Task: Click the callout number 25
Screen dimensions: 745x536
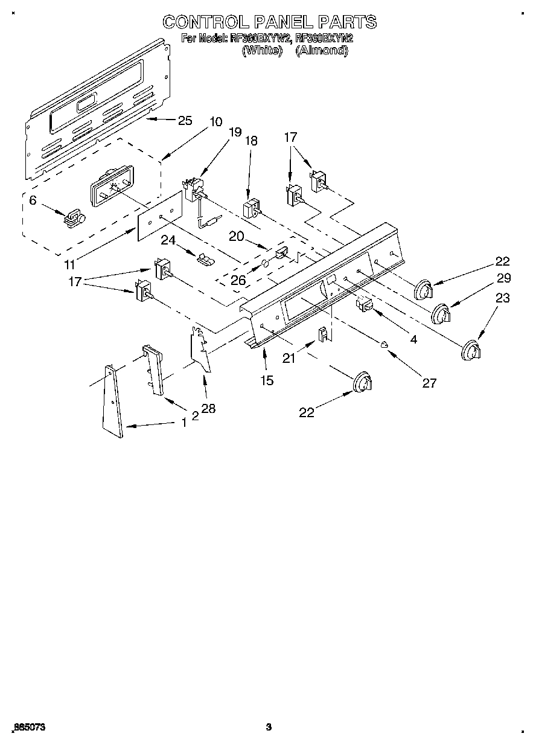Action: point(185,121)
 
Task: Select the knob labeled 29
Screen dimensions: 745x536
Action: point(442,314)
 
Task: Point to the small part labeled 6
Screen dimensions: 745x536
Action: point(74,218)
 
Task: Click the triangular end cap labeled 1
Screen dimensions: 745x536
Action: point(112,401)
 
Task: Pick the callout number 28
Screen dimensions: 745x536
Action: point(208,409)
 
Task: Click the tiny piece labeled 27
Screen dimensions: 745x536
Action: point(384,345)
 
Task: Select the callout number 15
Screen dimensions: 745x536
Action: point(266,380)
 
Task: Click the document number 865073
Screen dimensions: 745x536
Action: point(28,727)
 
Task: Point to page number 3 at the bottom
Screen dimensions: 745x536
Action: point(269,727)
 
